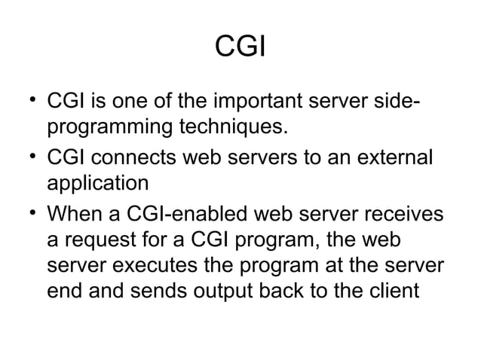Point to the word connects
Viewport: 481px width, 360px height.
(145, 160)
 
